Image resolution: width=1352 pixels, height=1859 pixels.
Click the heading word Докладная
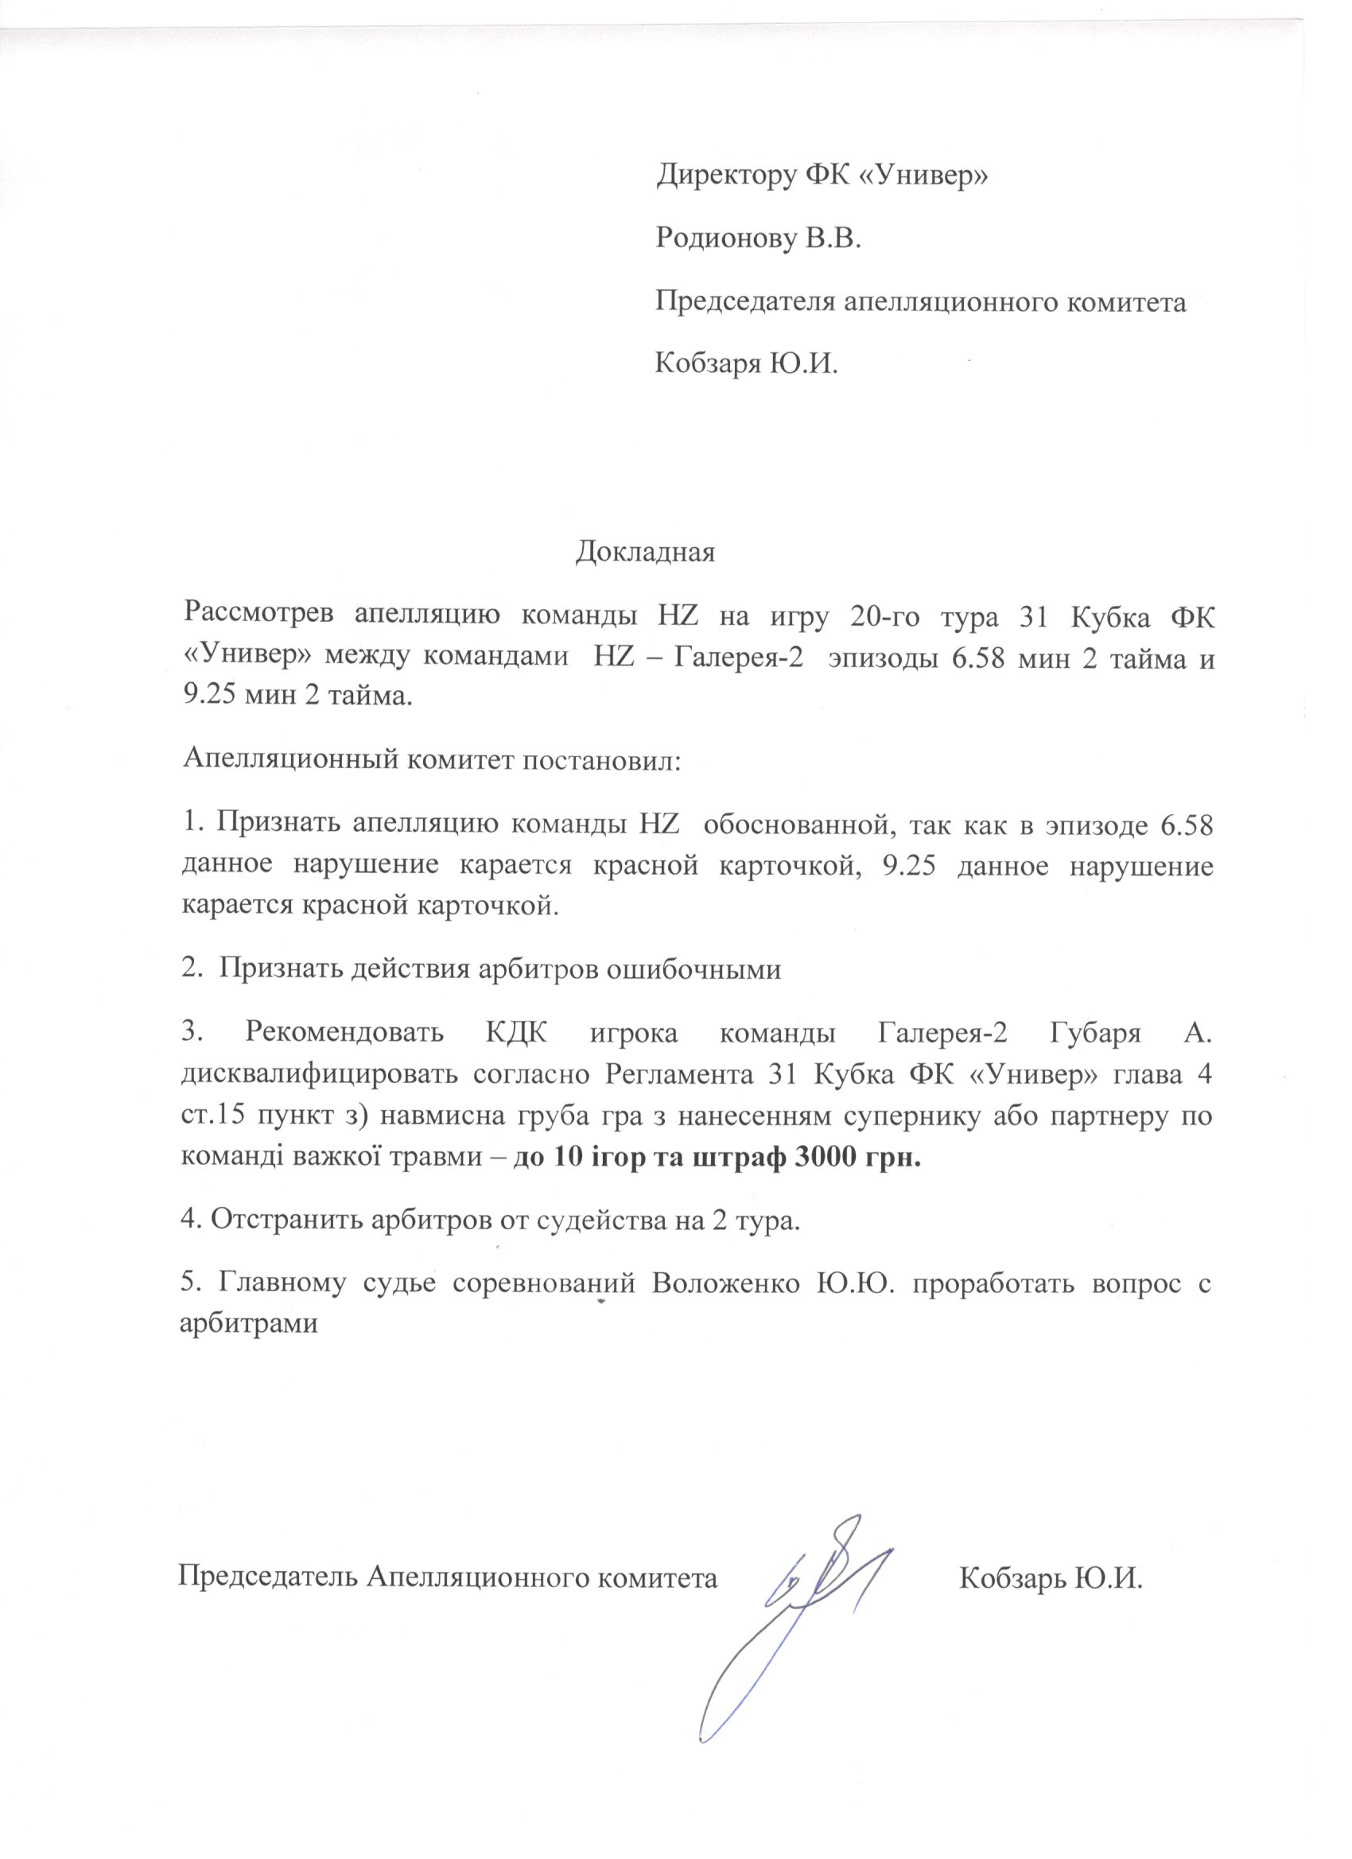tap(644, 552)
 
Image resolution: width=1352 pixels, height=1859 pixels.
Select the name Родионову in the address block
tap(724, 239)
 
